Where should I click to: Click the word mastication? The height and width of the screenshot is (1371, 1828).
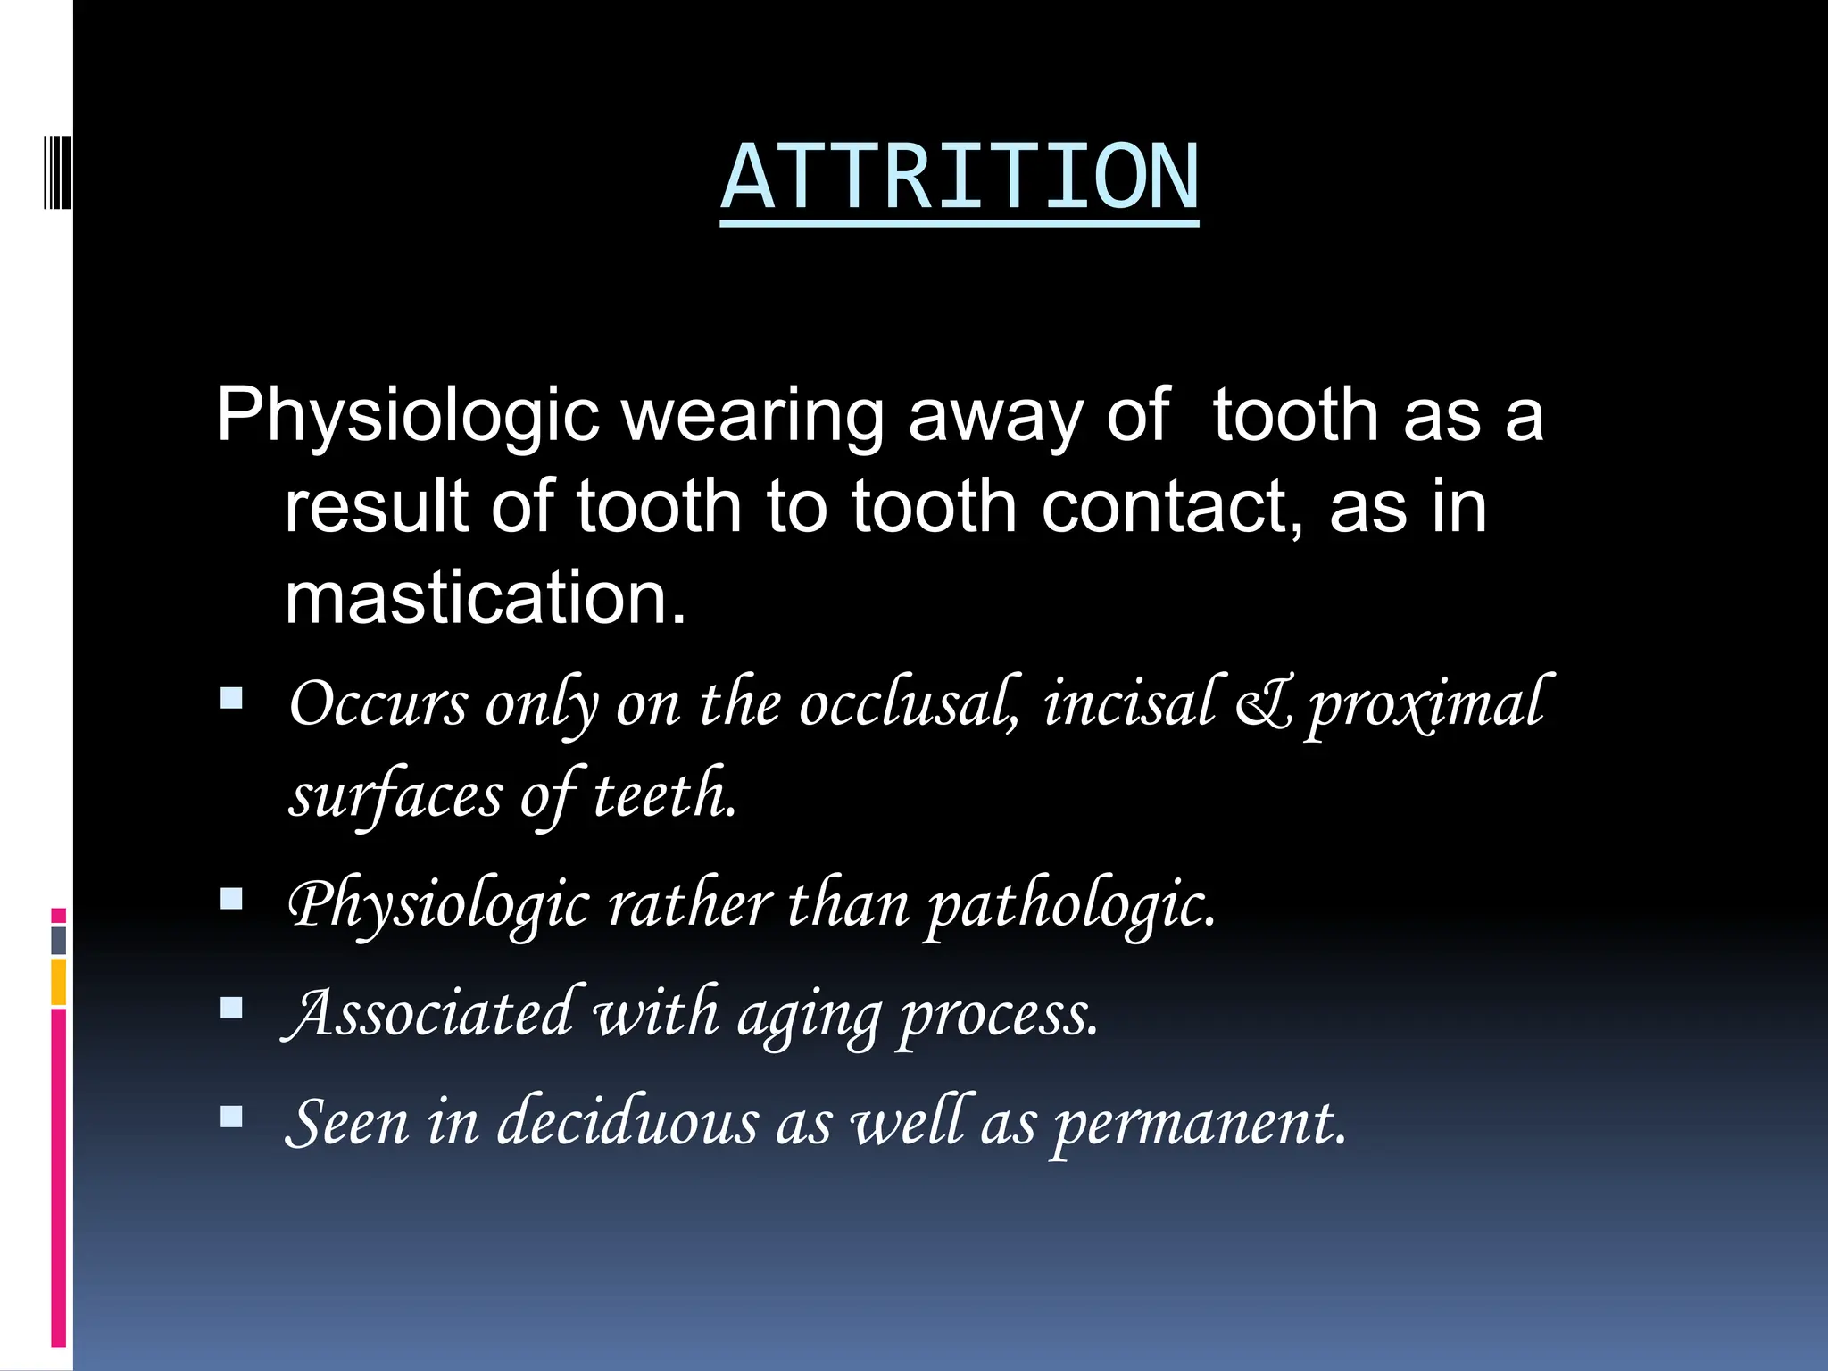485,597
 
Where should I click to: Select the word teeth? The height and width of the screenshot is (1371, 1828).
665,795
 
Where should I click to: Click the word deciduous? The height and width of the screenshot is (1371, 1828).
627,1123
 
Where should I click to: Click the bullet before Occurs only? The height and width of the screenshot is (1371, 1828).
231,698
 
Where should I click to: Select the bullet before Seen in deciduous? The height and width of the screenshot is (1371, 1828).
231,1118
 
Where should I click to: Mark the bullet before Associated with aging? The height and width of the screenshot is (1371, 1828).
231,1009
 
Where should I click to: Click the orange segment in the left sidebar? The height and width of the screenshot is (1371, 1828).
59,982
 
